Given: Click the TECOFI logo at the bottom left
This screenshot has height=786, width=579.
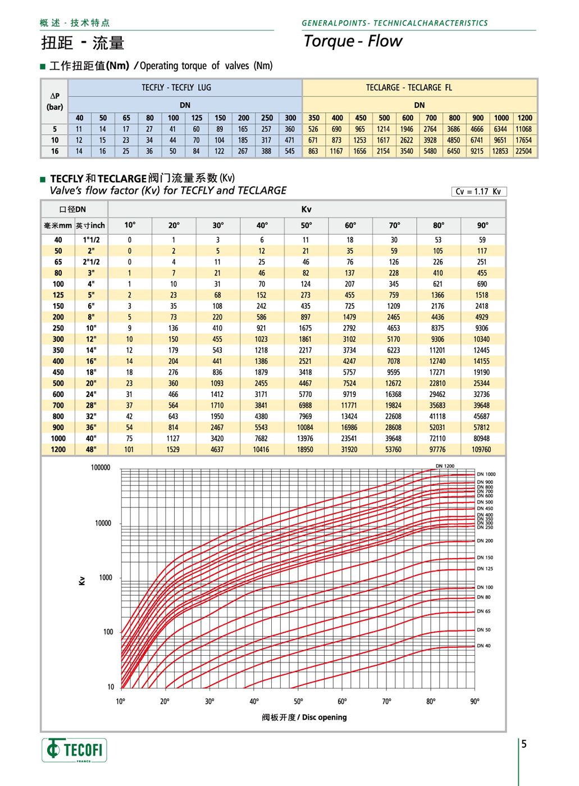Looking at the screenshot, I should click(x=74, y=750).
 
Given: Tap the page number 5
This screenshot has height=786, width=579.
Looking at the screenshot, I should click(x=524, y=744).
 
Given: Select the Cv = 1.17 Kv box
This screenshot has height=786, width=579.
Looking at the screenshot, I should click(x=478, y=191).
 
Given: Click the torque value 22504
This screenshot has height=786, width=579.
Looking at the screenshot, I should click(x=523, y=151).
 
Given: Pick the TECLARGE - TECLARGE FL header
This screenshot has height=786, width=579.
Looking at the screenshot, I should click(x=409, y=88).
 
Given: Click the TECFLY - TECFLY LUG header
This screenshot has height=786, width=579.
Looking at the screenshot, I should click(x=176, y=88).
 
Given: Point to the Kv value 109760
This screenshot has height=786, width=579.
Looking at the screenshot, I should click(x=481, y=450).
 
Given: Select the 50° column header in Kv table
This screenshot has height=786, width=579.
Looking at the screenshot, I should click(x=306, y=225).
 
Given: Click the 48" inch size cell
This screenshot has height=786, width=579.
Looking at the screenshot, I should click(x=91, y=450).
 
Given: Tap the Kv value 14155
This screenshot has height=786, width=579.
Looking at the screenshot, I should click(x=481, y=362).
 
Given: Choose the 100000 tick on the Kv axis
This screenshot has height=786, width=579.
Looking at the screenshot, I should click(x=101, y=468).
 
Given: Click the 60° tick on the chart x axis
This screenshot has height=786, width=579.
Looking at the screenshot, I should click(x=342, y=701).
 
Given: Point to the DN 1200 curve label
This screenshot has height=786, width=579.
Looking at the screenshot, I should click(x=445, y=466).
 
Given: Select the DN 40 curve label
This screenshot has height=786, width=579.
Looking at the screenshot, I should click(x=484, y=646).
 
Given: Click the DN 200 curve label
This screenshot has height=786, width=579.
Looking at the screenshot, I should click(x=485, y=541).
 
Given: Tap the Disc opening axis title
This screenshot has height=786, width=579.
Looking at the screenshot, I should click(x=304, y=718).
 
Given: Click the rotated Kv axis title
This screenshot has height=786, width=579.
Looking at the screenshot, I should click(x=82, y=581).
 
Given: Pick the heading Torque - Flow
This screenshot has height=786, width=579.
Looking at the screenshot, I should click(x=353, y=41).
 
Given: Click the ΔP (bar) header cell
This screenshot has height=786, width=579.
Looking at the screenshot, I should click(x=54, y=101).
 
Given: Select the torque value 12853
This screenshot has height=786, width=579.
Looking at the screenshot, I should click(x=500, y=151).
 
